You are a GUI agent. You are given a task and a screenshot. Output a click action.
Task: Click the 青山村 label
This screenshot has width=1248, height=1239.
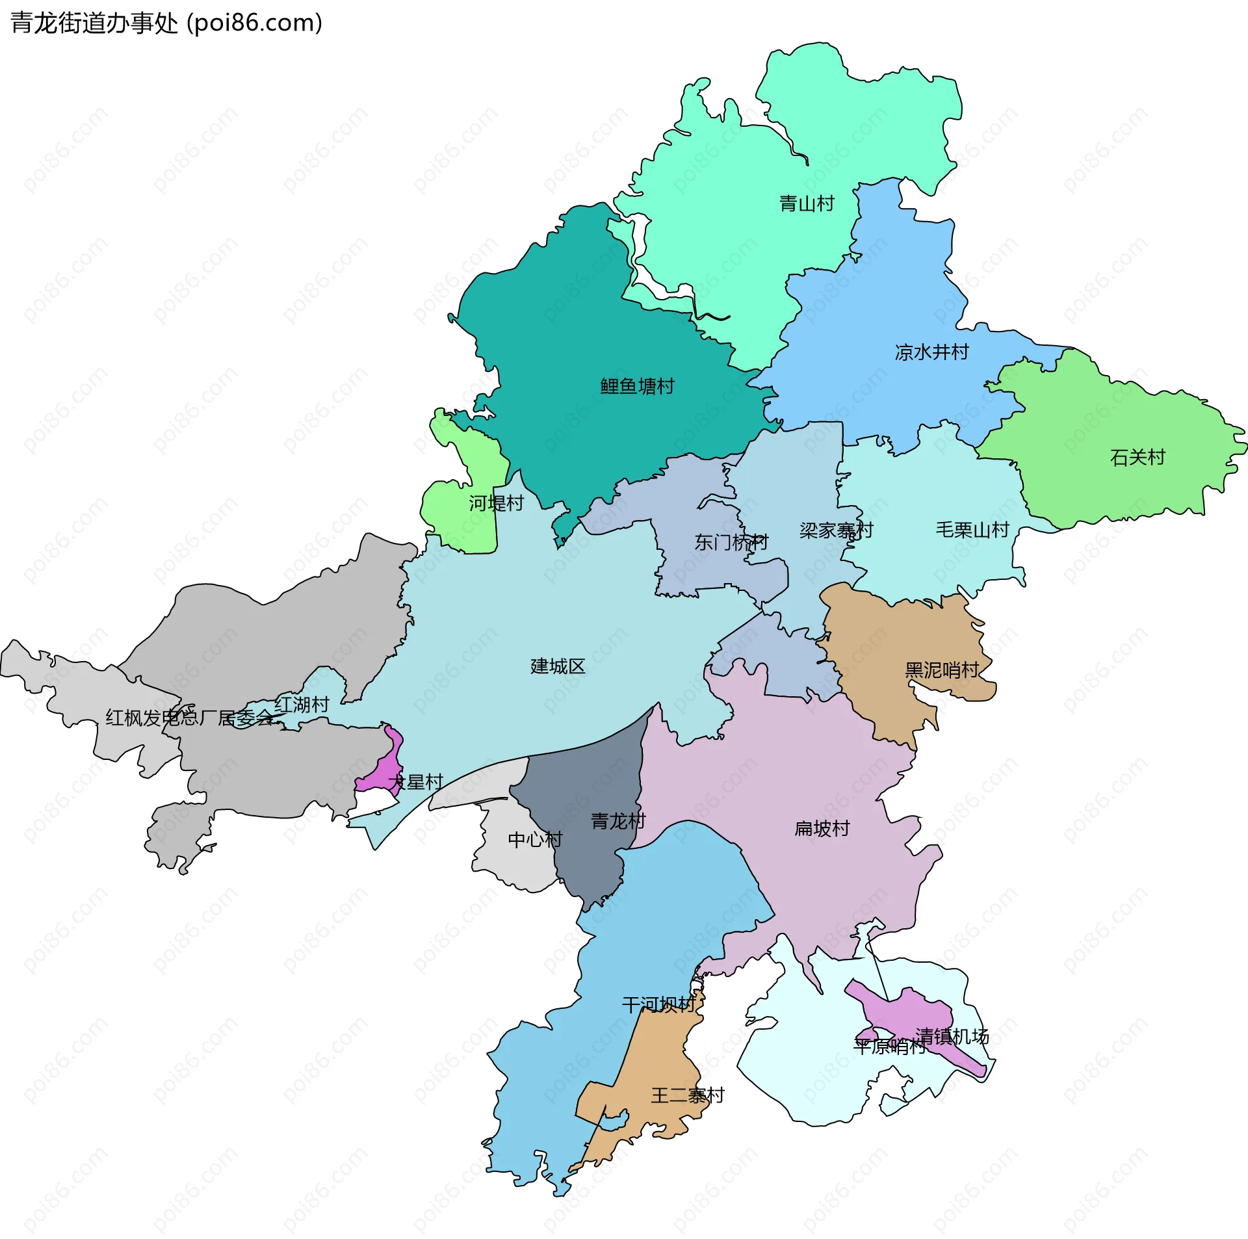pos(806,203)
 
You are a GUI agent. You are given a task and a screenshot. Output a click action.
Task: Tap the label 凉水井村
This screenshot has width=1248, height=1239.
pos(931,352)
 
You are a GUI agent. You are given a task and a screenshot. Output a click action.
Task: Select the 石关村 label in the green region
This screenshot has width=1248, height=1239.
pos(1137,457)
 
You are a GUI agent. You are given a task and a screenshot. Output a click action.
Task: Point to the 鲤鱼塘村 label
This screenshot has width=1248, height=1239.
pos(636,386)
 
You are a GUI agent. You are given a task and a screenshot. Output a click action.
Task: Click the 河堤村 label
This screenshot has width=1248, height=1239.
pos(496,502)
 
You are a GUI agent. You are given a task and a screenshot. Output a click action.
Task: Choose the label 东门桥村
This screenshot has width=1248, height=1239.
pos(731,541)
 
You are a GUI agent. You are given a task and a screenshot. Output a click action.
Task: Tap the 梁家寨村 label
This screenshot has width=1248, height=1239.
pos(836,530)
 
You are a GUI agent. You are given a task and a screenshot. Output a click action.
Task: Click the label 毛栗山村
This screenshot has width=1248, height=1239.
pos(972,529)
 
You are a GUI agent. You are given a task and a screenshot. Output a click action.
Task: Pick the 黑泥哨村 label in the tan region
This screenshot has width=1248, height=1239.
pos(941,670)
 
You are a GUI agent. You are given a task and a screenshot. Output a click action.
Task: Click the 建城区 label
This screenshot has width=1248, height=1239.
pos(557,666)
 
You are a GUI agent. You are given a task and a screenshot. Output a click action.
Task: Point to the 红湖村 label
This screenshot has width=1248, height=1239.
pos(302,704)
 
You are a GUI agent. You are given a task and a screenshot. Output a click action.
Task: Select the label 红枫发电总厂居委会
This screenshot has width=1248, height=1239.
pos(190,718)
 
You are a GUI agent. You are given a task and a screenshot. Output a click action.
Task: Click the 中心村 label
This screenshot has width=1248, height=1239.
pos(534,839)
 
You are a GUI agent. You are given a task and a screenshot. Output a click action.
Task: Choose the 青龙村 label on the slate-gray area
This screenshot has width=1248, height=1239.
pos(617,821)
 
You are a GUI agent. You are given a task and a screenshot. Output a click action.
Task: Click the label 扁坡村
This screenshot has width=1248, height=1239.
pos(822,828)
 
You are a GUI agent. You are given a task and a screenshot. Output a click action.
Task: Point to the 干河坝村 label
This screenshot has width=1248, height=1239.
pos(658,1004)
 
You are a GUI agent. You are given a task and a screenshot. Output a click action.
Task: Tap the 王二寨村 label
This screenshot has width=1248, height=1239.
pos(687,1095)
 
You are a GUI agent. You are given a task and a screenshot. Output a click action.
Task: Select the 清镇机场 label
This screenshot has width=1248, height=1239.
pos(952,1036)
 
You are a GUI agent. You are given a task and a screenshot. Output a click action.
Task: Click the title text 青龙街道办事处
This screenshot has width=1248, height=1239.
pos(94,23)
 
